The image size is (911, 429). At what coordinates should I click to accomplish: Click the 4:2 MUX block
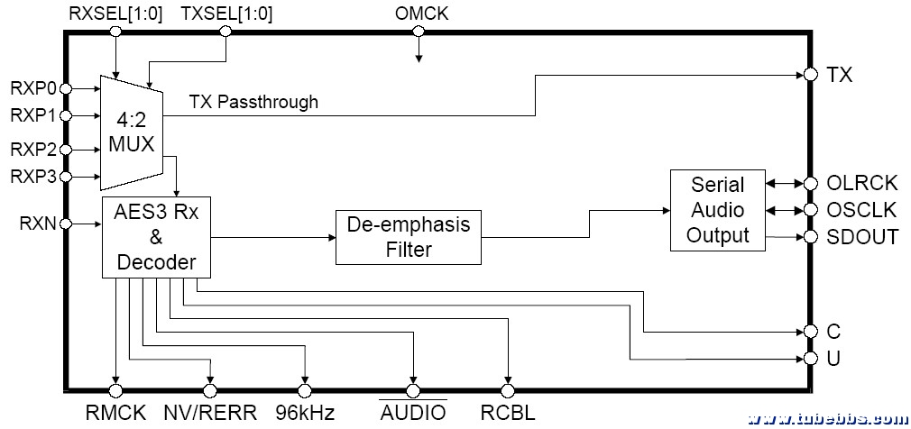[x=130, y=131]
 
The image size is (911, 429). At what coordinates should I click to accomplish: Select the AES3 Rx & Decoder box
[x=156, y=235]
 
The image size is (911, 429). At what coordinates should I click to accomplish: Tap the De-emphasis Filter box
[x=409, y=236]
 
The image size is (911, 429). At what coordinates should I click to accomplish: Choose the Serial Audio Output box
[x=719, y=210]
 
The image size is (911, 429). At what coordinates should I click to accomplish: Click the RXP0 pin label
[x=33, y=88]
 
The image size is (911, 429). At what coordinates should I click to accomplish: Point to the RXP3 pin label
[x=33, y=176]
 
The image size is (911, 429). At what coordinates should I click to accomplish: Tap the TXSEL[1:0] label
[x=226, y=14]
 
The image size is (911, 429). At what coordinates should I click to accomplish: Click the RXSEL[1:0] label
[x=115, y=14]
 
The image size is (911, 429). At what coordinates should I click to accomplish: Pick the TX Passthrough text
[x=253, y=102]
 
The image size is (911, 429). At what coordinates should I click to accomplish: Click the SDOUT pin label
[x=862, y=238]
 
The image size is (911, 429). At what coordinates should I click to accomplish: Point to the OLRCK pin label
[x=862, y=183]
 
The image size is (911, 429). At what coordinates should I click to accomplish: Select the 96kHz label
[x=306, y=413]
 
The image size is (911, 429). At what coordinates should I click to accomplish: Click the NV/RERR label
[x=209, y=413]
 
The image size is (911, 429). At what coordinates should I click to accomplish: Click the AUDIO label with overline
[x=413, y=413]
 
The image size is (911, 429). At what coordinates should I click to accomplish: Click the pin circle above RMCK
[x=115, y=390]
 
